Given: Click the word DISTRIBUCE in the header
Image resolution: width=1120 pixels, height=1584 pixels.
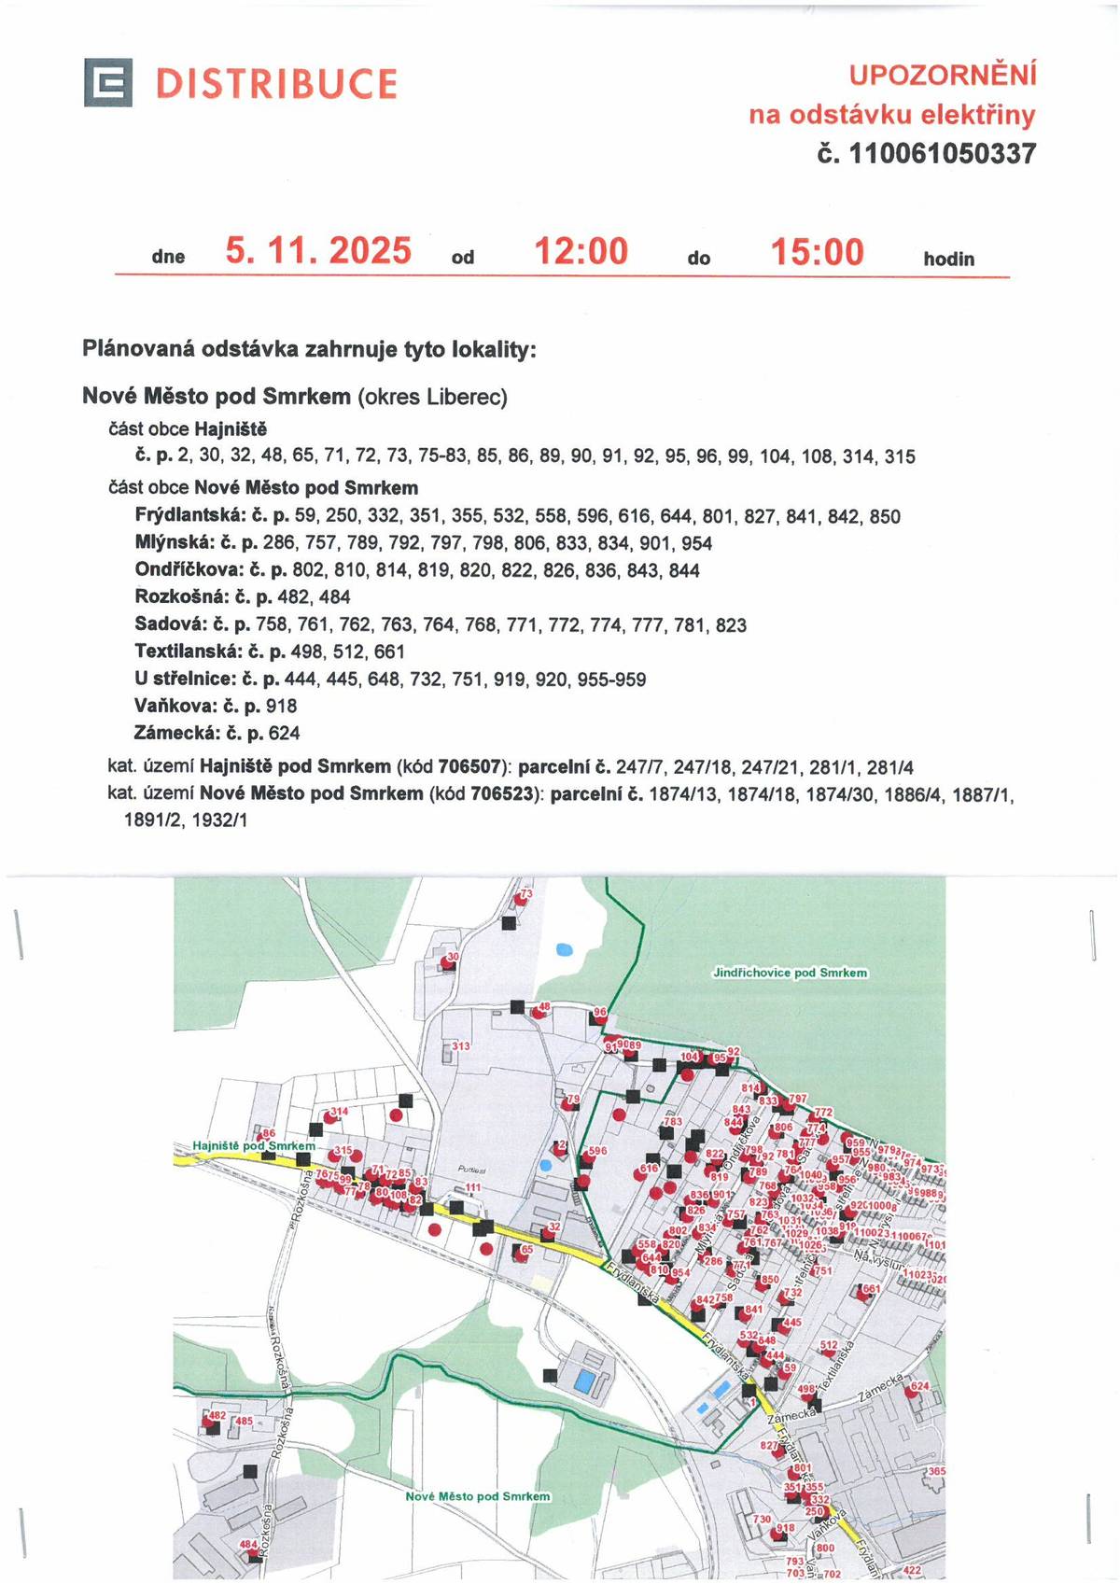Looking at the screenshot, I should (276, 84).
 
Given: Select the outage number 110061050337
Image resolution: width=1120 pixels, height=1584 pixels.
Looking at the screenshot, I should (941, 154).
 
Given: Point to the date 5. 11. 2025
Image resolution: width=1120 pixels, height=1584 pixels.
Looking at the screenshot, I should (318, 251).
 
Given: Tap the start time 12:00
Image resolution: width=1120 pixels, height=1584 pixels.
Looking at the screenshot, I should (581, 252).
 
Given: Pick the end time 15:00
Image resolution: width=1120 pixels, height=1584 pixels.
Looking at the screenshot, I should (817, 252).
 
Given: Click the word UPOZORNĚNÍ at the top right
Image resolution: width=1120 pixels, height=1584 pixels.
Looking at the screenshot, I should (943, 75).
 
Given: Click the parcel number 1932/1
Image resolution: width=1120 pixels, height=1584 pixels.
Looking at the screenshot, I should (219, 820).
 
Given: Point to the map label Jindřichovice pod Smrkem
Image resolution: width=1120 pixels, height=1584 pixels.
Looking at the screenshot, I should (790, 973).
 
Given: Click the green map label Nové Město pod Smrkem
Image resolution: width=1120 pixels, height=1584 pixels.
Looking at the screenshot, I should (477, 1496).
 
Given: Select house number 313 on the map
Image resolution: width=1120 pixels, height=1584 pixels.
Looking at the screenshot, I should (461, 1046).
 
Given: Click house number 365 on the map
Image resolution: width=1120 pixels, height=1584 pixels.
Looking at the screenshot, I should (936, 1471).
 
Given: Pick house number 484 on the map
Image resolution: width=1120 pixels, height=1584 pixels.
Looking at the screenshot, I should (248, 1545).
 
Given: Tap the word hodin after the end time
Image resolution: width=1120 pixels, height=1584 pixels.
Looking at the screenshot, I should (948, 259).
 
